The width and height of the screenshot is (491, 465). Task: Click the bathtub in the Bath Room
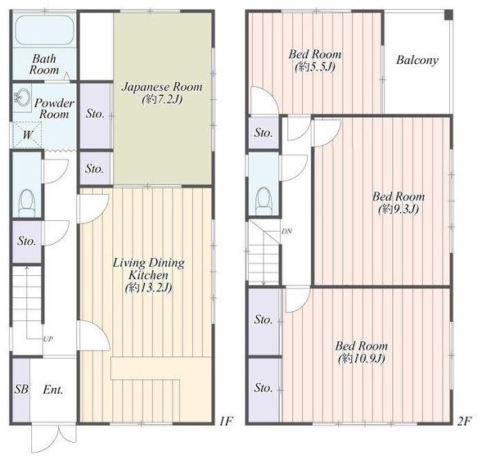pos(44,30)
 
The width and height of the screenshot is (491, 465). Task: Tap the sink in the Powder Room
pos(22,97)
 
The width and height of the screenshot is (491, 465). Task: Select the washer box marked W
pos(27,135)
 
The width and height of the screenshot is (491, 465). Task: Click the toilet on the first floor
pos(27,203)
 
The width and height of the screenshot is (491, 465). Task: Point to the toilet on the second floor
pos(264,201)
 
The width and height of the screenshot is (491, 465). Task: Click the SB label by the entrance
pos(21,389)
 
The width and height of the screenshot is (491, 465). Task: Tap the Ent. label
pos(53,390)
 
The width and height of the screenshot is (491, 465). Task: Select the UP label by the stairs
pos(48,339)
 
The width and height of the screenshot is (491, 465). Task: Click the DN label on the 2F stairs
pos(287,232)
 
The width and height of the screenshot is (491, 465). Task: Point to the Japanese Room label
pos(162,87)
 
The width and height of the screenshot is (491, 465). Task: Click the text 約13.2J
pos(149,287)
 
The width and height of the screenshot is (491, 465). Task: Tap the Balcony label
pos(417,60)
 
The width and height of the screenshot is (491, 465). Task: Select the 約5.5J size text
pos(315,67)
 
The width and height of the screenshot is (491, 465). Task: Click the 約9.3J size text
pos(399,209)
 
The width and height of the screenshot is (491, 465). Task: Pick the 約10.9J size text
pos(362,358)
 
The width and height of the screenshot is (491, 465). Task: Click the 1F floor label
pos(226,421)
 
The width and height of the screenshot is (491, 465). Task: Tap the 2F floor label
pos(464,421)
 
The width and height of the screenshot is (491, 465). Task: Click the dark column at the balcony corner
pos(448,15)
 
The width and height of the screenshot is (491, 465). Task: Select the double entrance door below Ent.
pos(54,439)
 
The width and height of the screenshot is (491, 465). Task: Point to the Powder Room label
pos(54,108)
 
